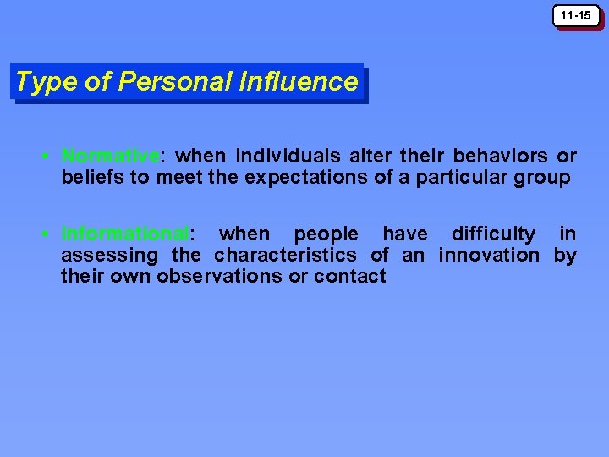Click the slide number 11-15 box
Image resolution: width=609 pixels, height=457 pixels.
(576, 16)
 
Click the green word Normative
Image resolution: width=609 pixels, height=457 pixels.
(110, 157)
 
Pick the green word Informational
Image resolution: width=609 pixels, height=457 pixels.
(125, 234)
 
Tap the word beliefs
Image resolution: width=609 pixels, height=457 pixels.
(91, 178)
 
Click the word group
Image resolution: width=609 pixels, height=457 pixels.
(543, 178)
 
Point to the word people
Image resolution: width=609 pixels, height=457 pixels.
(326, 234)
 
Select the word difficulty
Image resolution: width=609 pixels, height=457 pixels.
(493, 234)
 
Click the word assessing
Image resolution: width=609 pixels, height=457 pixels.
(109, 255)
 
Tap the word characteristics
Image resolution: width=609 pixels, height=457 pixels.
(285, 255)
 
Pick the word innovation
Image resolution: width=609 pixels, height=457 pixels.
(488, 255)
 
